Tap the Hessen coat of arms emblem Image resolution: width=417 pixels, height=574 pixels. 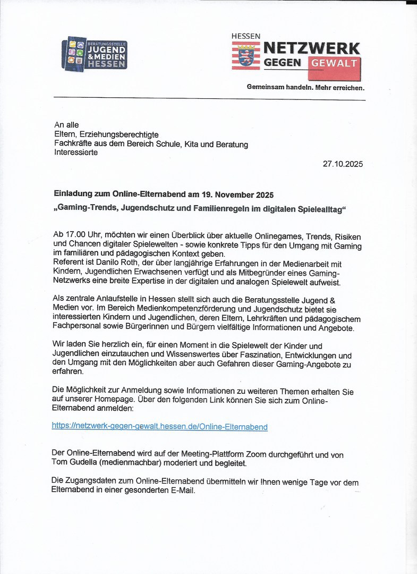(245, 56)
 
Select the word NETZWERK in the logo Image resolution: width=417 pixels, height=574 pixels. (312, 48)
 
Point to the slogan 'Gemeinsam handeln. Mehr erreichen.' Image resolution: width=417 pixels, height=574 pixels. (305, 87)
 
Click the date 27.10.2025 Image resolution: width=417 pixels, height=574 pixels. (343, 164)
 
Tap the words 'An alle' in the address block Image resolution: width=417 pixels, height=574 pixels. (66, 125)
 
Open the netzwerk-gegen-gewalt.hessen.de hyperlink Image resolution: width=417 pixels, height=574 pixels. (159, 426)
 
